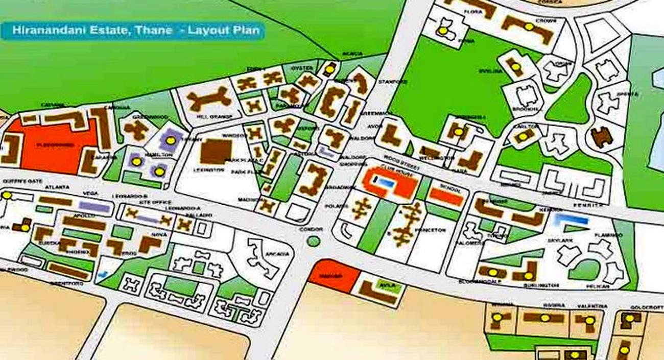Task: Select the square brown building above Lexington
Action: click(216, 152)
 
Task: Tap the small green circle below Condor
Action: click(314, 241)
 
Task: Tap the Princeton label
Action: click(430, 230)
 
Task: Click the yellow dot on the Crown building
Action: click(529, 27)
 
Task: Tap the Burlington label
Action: click(541, 285)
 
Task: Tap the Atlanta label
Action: click(60, 187)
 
